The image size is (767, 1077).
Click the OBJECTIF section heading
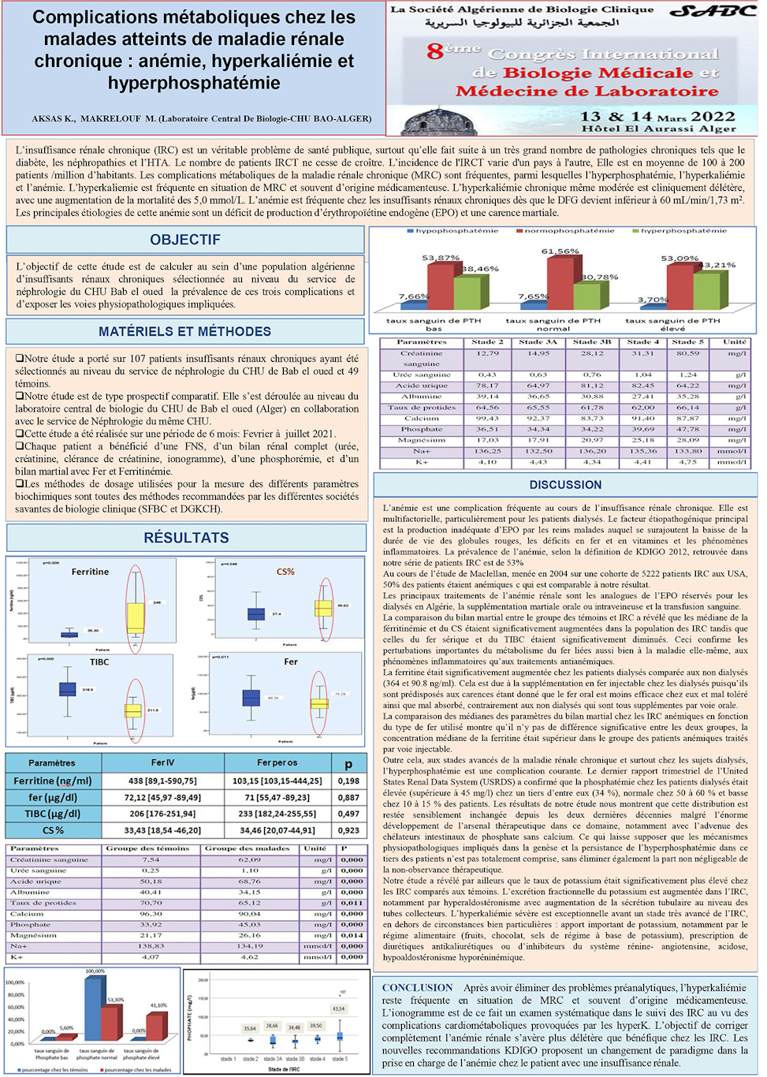click(x=185, y=240)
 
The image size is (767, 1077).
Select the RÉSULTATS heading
click(x=186, y=538)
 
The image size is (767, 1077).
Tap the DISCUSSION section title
click(x=565, y=485)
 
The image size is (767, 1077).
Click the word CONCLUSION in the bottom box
click(x=417, y=987)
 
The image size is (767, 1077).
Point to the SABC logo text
click(x=712, y=11)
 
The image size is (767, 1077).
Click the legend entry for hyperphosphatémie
click(x=683, y=231)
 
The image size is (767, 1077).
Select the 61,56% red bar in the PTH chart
click(x=560, y=282)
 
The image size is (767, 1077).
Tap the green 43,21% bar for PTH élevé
click(x=706, y=290)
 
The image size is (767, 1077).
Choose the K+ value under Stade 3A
click(x=538, y=462)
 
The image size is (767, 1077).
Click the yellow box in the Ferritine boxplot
click(x=136, y=617)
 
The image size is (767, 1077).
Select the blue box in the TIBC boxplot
click(x=68, y=689)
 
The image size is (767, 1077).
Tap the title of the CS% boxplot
click(x=285, y=572)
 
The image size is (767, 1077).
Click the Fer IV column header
click(x=162, y=762)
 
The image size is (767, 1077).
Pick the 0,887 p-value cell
click(x=348, y=797)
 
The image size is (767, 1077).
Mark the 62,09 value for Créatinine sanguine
click(x=249, y=859)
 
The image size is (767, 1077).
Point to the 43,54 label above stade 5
click(x=338, y=1008)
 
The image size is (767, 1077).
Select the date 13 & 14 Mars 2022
click(x=657, y=116)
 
